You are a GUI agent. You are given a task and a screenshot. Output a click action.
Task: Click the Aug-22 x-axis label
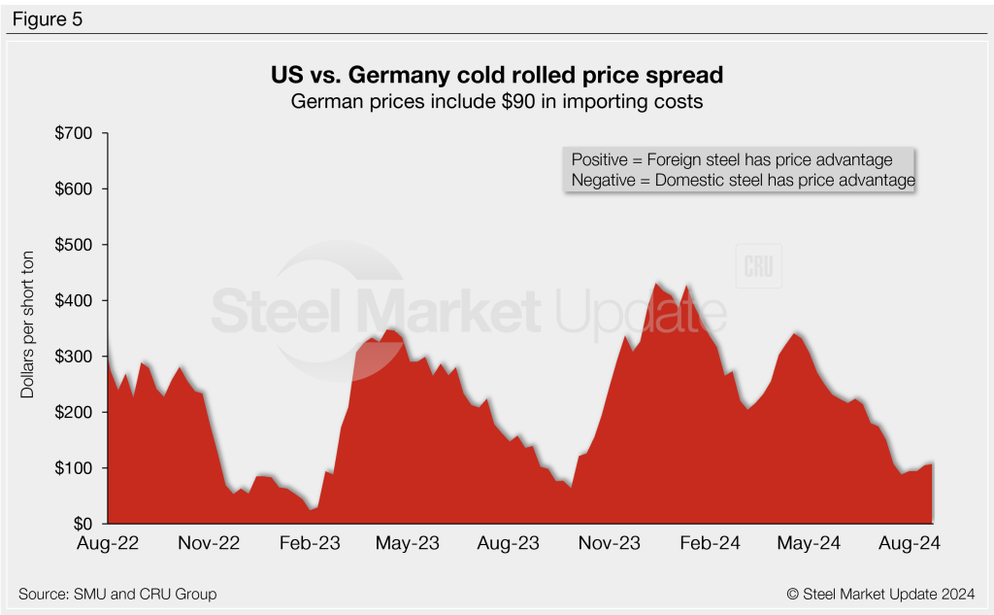click(108, 543)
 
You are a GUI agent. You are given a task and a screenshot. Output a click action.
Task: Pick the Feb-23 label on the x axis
click(310, 543)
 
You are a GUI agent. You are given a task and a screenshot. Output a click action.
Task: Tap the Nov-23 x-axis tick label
click(610, 543)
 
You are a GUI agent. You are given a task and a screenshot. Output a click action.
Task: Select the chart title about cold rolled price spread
click(496, 74)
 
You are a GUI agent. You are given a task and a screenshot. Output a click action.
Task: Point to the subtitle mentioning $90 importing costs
click(496, 99)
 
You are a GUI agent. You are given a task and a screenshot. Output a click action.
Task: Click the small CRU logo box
click(758, 267)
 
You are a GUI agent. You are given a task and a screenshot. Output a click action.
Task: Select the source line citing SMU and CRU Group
click(117, 593)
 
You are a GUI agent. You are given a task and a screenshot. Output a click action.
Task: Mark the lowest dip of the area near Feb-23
click(311, 508)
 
